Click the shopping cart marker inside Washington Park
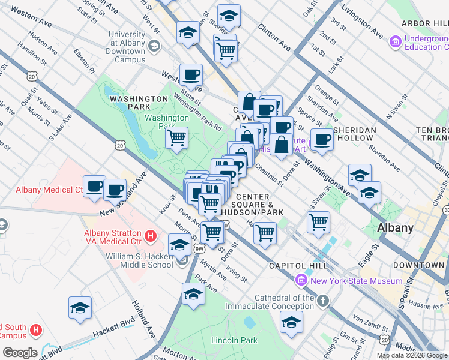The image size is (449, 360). point(176,138)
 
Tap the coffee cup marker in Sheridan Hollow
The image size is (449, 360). point(322,140)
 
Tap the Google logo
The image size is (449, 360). point(19,352)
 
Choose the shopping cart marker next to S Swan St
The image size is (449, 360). point(318,222)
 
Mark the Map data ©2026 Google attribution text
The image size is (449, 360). point(411,355)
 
